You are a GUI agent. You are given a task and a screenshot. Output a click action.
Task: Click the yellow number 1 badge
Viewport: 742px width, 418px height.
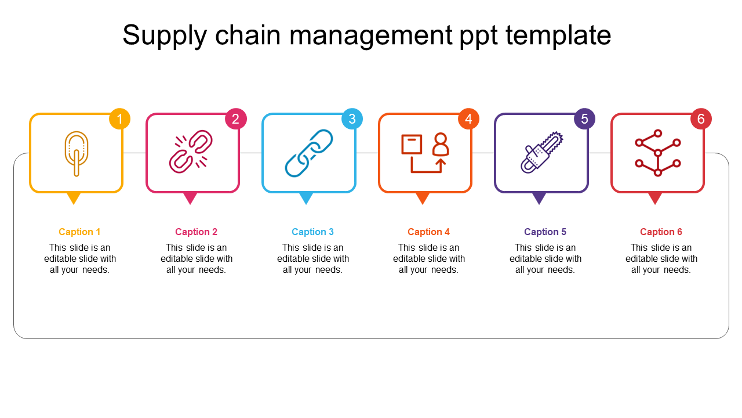[x=120, y=119]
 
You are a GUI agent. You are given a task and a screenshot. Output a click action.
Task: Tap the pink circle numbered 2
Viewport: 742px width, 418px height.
[x=236, y=119]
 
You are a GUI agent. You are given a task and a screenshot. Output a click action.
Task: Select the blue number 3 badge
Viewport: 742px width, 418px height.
[x=352, y=119]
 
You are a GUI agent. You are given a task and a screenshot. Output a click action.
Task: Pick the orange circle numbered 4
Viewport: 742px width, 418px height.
[x=468, y=119]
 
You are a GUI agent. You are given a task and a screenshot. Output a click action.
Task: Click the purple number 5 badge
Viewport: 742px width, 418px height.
[x=584, y=119]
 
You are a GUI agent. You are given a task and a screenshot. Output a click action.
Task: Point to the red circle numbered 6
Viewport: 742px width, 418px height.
[x=701, y=119]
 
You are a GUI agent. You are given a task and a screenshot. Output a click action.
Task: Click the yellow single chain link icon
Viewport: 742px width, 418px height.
[x=76, y=153]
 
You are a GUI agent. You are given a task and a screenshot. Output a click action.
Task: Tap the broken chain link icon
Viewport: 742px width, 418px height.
[x=191, y=152]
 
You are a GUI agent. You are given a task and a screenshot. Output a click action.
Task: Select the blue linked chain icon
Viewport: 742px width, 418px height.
[x=308, y=153]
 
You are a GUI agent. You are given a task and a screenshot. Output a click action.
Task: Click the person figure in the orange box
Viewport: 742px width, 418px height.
[x=441, y=145]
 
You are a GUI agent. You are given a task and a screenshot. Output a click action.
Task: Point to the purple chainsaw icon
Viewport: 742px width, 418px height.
[x=541, y=152]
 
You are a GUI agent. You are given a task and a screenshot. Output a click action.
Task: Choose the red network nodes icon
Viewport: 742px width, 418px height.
[x=657, y=153]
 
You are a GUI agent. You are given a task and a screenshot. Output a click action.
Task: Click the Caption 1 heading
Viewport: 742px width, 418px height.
[x=79, y=232]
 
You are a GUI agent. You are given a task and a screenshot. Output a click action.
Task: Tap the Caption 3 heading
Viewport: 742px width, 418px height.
[x=312, y=232]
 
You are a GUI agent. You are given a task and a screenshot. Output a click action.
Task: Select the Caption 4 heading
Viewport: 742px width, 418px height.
[x=428, y=232]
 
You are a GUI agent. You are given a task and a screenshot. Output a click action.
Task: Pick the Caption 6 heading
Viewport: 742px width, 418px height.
[x=661, y=232]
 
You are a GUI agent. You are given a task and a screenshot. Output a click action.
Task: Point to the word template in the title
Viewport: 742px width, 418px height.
[x=558, y=35]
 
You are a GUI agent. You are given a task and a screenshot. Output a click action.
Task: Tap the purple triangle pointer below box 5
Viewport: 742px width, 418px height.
[x=539, y=198]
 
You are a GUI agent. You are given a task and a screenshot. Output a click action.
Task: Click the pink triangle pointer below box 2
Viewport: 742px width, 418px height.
[x=190, y=198]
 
